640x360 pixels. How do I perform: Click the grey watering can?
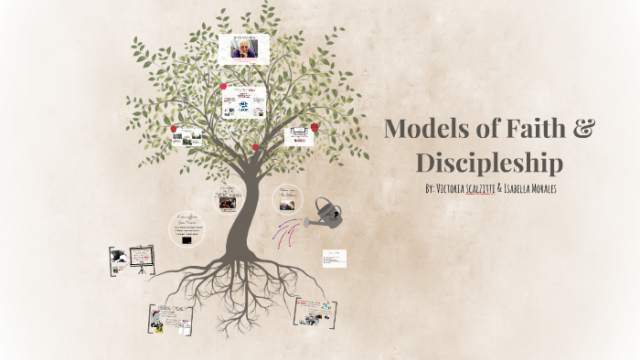click(326, 214)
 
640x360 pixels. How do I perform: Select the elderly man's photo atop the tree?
click(244, 48)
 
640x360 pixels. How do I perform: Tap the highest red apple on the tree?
click(223, 86)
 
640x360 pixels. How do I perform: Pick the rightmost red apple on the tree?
click(315, 127)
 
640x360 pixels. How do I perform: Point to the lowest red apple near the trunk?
click(255, 147)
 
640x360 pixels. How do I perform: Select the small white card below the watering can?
click(335, 258)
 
